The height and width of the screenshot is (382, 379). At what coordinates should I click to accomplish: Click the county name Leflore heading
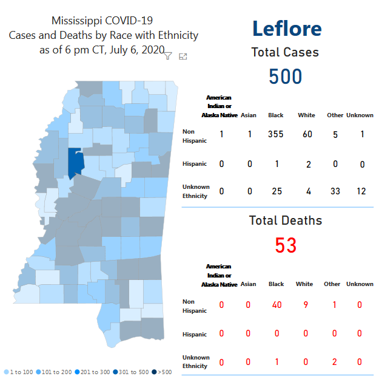[x=286, y=29]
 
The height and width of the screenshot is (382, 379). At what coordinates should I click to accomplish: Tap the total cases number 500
[x=285, y=77]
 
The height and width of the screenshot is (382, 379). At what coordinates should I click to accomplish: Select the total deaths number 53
[x=286, y=245]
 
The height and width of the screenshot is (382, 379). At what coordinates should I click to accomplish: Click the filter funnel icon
[x=168, y=56]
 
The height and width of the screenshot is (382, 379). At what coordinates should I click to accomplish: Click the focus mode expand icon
[x=183, y=56]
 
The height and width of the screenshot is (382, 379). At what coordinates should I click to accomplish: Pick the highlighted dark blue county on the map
[x=75, y=163]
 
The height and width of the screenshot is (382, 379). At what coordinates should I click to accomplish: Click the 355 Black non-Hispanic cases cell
[x=276, y=134]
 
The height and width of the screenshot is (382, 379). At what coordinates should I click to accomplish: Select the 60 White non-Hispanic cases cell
[x=307, y=134]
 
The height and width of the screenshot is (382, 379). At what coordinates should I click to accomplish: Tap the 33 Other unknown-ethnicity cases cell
[x=335, y=192]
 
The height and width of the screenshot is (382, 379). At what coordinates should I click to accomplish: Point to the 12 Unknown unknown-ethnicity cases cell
[x=361, y=192]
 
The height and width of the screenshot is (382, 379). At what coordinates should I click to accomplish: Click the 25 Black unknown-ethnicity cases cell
[x=277, y=192]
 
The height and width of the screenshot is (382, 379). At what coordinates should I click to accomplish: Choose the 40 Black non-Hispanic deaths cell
[x=277, y=305]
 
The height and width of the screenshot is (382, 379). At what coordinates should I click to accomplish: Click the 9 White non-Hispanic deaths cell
[x=304, y=305]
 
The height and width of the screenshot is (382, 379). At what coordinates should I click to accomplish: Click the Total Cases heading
[x=285, y=53]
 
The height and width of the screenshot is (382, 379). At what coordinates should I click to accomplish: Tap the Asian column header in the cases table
[x=248, y=115]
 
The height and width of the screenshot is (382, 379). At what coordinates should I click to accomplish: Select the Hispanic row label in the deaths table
[x=194, y=335]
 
